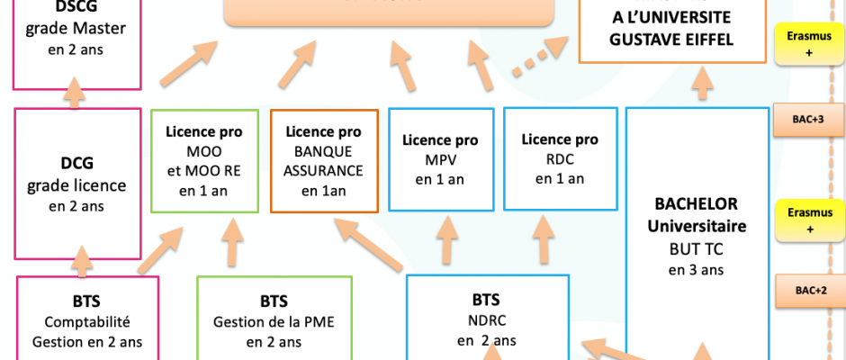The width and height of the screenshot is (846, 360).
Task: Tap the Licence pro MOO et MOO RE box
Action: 203,160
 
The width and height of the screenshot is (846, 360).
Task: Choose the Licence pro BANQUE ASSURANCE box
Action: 321,160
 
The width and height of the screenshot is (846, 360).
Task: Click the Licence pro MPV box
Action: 440,159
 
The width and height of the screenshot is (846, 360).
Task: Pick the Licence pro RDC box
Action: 560,158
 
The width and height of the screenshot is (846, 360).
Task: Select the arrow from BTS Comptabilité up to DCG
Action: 82,260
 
